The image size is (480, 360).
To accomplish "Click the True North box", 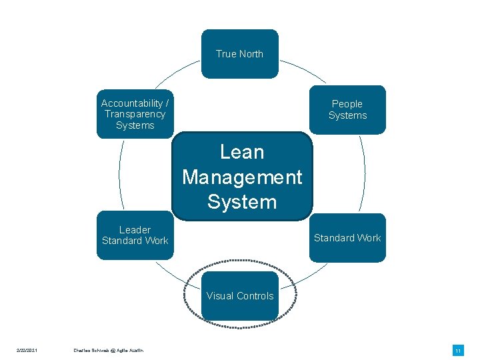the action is tap(239, 54).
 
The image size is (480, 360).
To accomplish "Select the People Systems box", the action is tap(347, 109).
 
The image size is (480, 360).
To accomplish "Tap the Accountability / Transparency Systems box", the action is tap(135, 114).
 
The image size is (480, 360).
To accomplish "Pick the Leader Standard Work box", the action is tap(135, 235).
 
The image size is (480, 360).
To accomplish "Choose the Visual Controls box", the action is tap(240, 296).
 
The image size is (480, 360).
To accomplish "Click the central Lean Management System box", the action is tap(242, 177).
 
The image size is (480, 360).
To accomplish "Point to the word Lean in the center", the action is tap(242, 152).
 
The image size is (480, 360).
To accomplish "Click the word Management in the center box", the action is tap(242, 177).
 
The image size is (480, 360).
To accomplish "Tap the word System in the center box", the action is tap(242, 201).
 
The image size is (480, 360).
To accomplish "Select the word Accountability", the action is tap(131, 103).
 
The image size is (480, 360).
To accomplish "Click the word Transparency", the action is tap(135, 114).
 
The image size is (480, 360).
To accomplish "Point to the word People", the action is tap(347, 104).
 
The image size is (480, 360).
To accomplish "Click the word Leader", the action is tap(135, 230).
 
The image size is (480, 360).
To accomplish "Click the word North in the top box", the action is tap(250, 54).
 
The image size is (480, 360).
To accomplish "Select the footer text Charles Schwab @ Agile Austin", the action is tap(108, 351).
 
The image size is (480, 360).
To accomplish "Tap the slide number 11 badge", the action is tap(458, 351).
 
